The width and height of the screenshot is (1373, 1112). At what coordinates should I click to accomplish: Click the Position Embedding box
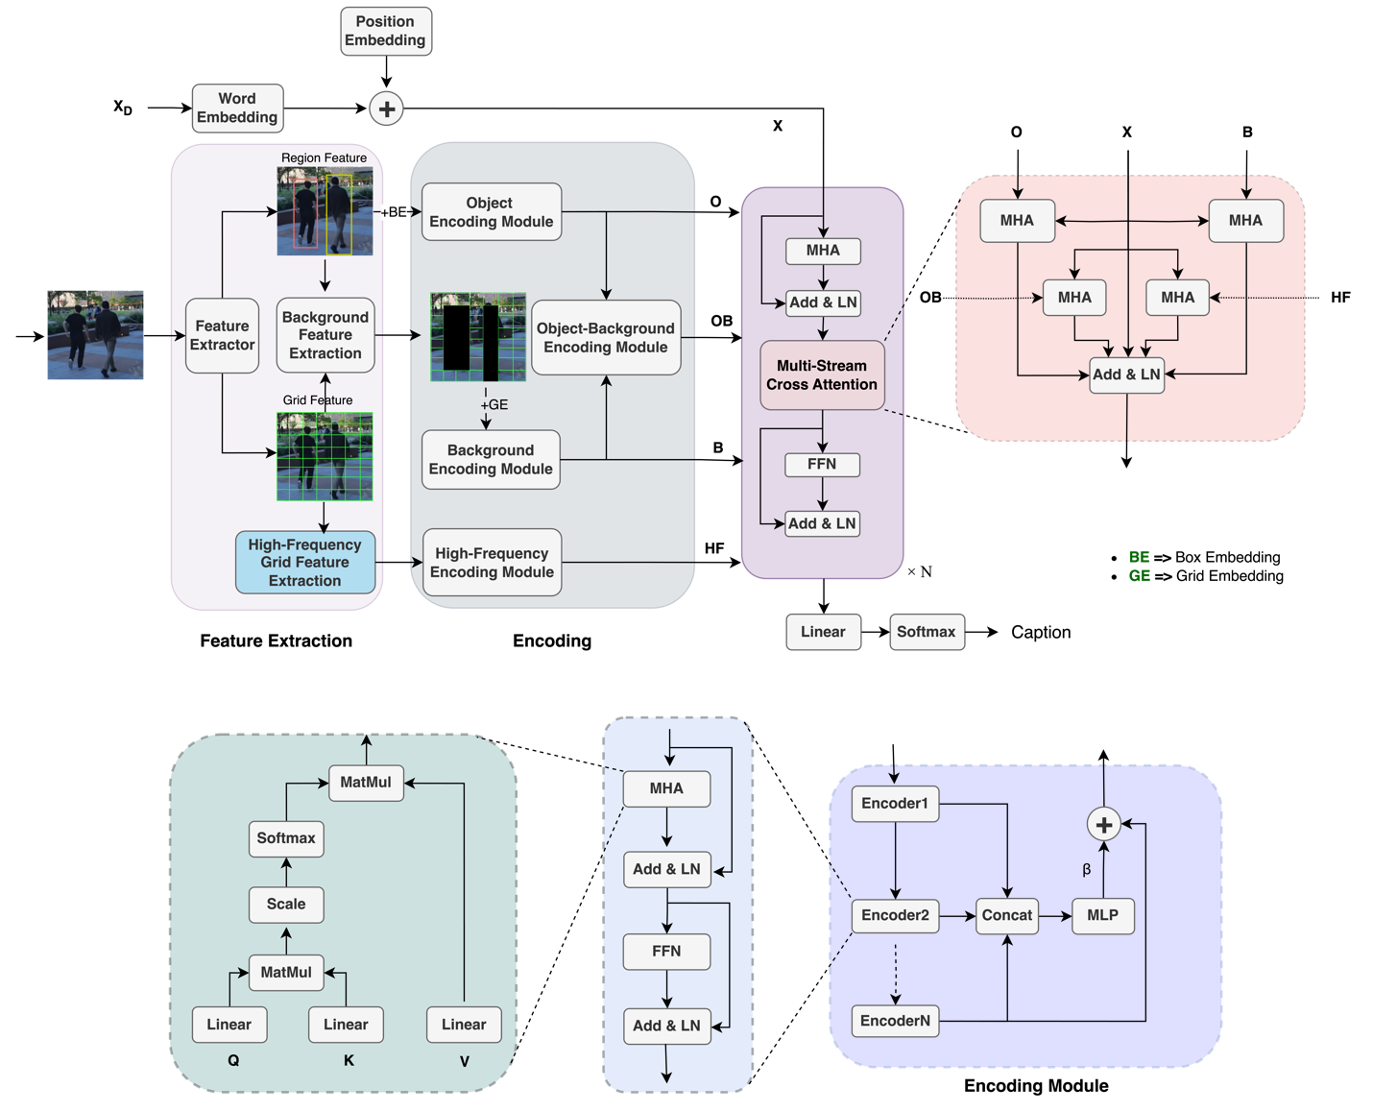coord(385,31)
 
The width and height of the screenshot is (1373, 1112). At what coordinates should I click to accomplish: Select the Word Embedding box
coord(237,108)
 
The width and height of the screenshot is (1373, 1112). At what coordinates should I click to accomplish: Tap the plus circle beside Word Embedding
coord(386,109)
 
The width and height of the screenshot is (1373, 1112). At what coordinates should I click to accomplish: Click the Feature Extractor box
coord(222,335)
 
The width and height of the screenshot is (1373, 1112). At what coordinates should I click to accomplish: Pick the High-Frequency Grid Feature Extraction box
coord(304,562)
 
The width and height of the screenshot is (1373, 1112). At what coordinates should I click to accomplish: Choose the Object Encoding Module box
coord(491,212)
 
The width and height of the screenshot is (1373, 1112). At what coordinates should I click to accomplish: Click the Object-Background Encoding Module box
coord(605,338)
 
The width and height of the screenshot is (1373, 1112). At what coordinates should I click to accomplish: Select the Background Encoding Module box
coord(491,459)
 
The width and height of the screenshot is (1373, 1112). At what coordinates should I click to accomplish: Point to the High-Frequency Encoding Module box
coord(492,563)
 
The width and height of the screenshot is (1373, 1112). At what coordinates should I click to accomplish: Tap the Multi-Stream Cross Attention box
coord(822,375)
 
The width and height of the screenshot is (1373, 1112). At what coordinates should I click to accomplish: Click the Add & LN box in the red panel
coord(1126,375)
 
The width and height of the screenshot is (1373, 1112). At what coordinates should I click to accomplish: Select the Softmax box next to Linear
coord(926,632)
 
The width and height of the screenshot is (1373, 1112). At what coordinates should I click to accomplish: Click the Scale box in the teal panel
coord(286,904)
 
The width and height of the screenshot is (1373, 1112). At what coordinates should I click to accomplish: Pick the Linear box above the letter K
coord(346,1025)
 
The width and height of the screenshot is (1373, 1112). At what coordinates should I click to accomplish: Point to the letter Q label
coord(233,1060)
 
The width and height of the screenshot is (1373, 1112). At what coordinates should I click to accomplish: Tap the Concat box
coord(1006,915)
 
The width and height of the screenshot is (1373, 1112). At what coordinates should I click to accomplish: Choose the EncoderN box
coord(895,1021)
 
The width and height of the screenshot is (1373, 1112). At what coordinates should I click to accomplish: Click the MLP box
coord(1102,915)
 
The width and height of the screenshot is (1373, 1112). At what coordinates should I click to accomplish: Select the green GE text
coord(1140,576)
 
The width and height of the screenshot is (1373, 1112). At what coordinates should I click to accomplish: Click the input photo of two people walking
coord(95,335)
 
